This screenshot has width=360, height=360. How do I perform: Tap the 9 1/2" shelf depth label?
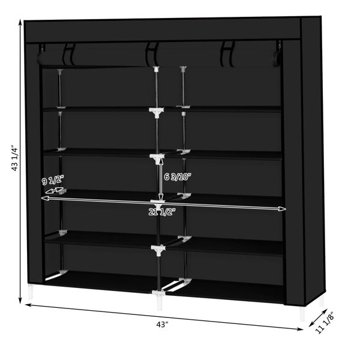click(52, 181)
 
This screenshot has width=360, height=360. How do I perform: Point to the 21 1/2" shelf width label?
click(161, 211)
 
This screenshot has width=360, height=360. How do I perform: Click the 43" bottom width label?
click(161, 325)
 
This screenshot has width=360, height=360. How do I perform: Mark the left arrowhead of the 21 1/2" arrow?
click(43, 197)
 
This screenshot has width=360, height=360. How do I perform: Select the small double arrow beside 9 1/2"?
click(54, 191)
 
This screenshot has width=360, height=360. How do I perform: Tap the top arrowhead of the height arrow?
click(20, 23)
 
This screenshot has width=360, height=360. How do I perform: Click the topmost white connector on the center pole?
click(157, 70)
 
